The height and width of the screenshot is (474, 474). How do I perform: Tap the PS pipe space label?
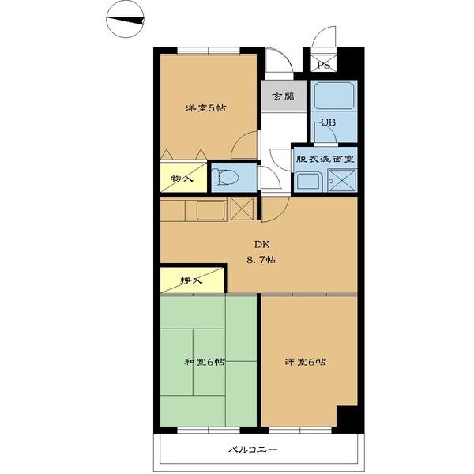point(323,65)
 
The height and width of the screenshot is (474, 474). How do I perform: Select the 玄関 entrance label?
point(283,96)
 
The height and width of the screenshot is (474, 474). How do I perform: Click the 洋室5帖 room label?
point(205,108)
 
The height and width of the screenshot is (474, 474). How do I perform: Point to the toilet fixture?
point(224,177)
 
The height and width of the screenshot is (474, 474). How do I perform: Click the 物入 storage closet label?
point(182,179)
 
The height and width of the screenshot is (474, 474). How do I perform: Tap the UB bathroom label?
point(329,122)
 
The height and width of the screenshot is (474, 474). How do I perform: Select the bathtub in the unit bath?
point(334,96)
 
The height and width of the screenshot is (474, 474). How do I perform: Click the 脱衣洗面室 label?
point(325,159)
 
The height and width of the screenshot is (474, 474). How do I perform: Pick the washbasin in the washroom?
point(308,182)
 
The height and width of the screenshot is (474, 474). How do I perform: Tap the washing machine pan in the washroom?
point(342,180)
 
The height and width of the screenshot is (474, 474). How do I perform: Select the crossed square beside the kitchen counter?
point(242,209)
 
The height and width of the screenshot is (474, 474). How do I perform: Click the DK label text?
point(261,244)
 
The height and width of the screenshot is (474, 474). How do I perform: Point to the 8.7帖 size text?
point(261,260)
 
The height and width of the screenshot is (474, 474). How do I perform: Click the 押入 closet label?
point(191,280)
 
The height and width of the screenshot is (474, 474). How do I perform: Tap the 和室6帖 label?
point(205,362)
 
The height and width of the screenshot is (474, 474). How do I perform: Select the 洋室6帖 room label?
point(305,362)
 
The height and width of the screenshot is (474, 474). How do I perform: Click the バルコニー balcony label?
point(253,450)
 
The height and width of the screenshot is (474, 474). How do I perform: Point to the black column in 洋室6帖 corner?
point(348,416)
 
